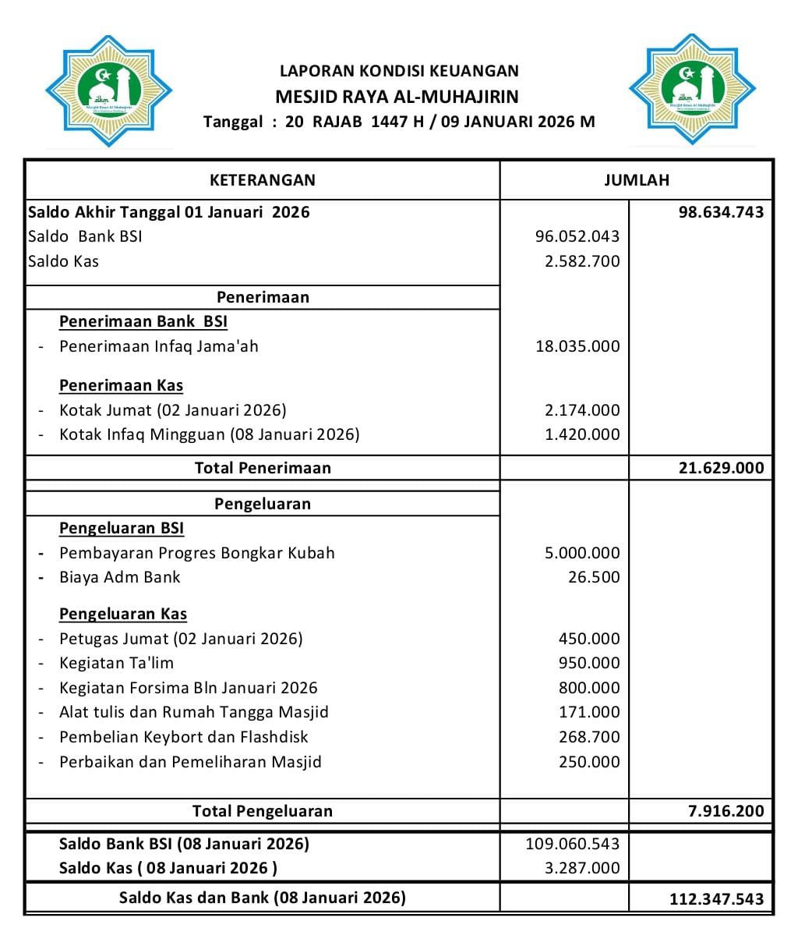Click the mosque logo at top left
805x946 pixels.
point(108,90)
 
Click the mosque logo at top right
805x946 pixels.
point(692,90)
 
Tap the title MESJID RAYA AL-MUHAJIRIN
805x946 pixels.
point(397,97)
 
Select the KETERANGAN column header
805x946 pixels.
point(263,180)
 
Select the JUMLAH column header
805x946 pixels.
point(636,180)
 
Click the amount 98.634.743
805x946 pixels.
point(721,212)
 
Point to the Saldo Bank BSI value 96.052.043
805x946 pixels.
point(577,236)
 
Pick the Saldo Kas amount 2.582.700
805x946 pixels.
point(582,261)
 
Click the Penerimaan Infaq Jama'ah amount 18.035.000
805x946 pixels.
point(577,346)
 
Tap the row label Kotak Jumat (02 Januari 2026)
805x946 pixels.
point(173,410)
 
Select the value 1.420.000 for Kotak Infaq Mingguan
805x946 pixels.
point(582,434)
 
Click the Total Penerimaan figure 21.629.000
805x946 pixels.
point(721,469)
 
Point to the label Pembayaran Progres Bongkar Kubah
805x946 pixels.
point(197,553)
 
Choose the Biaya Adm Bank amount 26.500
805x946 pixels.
point(594,577)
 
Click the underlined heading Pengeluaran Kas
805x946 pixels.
point(123,614)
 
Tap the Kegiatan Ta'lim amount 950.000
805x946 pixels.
point(589,663)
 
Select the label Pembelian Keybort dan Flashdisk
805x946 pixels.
point(184,737)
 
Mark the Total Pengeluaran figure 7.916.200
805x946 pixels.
point(726,811)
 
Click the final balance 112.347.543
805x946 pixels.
point(716,899)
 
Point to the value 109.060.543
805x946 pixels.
point(573,844)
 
